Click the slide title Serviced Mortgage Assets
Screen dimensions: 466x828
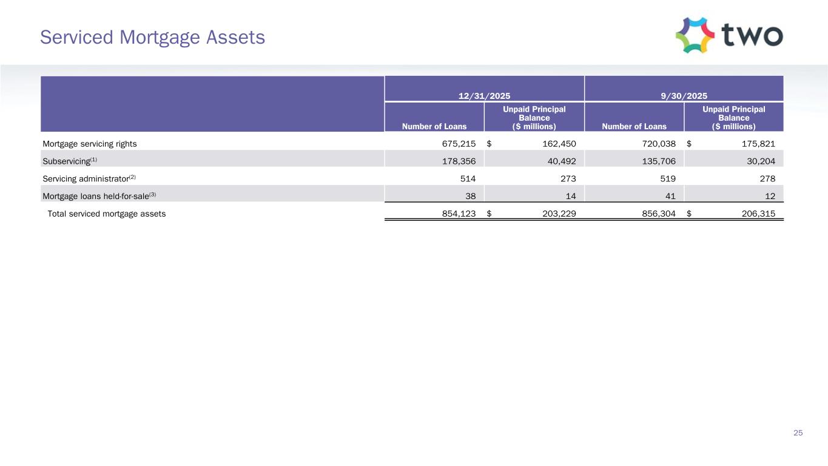coord(152,38)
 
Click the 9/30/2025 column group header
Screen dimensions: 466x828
coord(684,95)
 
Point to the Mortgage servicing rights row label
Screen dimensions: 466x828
coord(89,144)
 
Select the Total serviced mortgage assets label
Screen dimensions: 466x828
coord(106,214)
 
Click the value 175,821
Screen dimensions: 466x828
coord(758,144)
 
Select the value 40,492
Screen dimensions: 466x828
coord(561,161)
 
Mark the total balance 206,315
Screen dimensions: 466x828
coord(758,214)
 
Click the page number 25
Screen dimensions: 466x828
coord(798,433)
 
